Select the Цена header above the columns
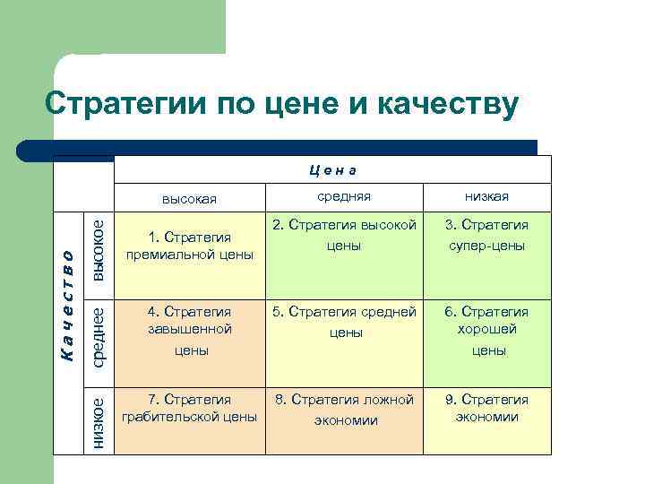click(x=332, y=168)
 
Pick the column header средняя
click(x=345, y=196)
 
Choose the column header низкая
click(x=486, y=196)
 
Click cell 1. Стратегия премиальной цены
click(x=190, y=246)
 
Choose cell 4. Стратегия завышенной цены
click(x=190, y=331)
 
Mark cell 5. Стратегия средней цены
click(x=345, y=322)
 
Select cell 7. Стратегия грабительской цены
click(x=190, y=408)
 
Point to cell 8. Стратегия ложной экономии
click(x=345, y=409)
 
